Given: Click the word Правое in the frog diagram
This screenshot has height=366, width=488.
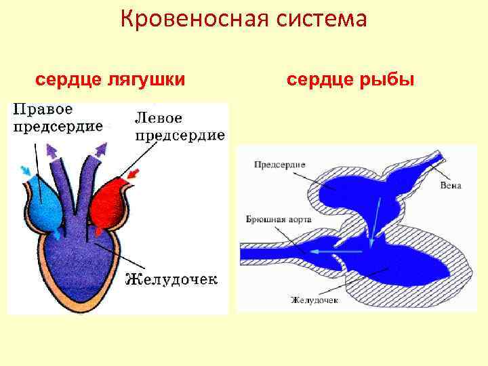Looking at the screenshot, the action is click(43, 108).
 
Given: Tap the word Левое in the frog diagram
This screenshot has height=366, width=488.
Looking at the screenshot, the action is click(158, 116).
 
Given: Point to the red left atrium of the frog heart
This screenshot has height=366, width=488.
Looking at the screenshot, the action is click(109, 203).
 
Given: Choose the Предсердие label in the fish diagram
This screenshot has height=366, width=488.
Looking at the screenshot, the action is click(281, 164).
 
